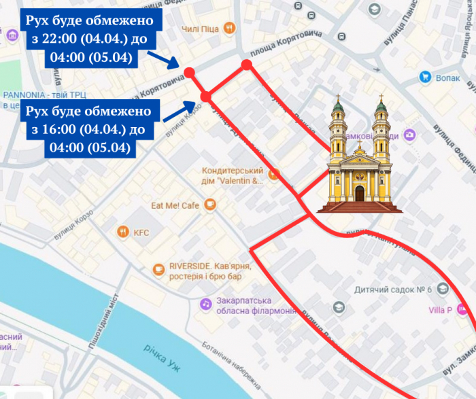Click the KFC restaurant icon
[x=122, y=232]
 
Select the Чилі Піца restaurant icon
[x=231, y=28]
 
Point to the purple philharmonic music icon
[x=205, y=304]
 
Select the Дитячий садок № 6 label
[x=393, y=290]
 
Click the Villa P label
[x=440, y=311]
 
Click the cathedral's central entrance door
[x=360, y=193]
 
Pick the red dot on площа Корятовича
[x=247, y=65]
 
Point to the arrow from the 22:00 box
[x=163, y=59]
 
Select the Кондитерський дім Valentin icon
[x=273, y=175]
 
